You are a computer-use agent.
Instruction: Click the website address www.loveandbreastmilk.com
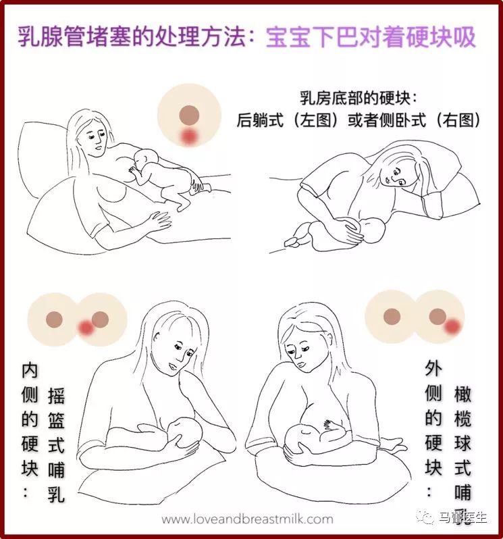248,519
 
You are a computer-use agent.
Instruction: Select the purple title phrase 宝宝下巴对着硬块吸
371,36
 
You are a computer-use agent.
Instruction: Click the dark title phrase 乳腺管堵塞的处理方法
134,36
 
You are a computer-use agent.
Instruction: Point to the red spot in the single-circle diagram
190,137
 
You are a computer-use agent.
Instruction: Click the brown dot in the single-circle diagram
190,113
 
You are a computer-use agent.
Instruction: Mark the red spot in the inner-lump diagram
86,328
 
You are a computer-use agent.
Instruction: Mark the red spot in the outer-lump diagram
452,327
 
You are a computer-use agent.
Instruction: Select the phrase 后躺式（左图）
288,120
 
